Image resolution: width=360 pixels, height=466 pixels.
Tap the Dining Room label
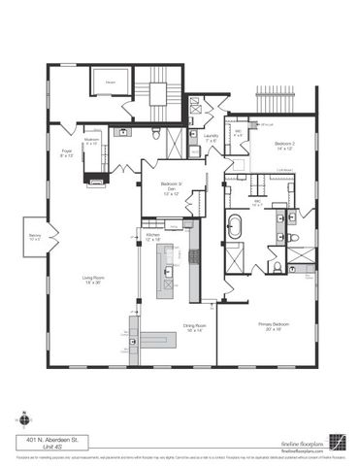click(195, 327)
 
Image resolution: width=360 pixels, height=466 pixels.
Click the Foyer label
click(68, 153)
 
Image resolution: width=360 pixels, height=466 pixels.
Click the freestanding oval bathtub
click(236, 229)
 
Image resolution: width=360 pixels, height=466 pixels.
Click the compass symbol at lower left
click(24, 420)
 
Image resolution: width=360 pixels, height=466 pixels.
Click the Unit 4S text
click(42, 447)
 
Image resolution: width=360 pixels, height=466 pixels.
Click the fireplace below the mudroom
click(97, 177)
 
